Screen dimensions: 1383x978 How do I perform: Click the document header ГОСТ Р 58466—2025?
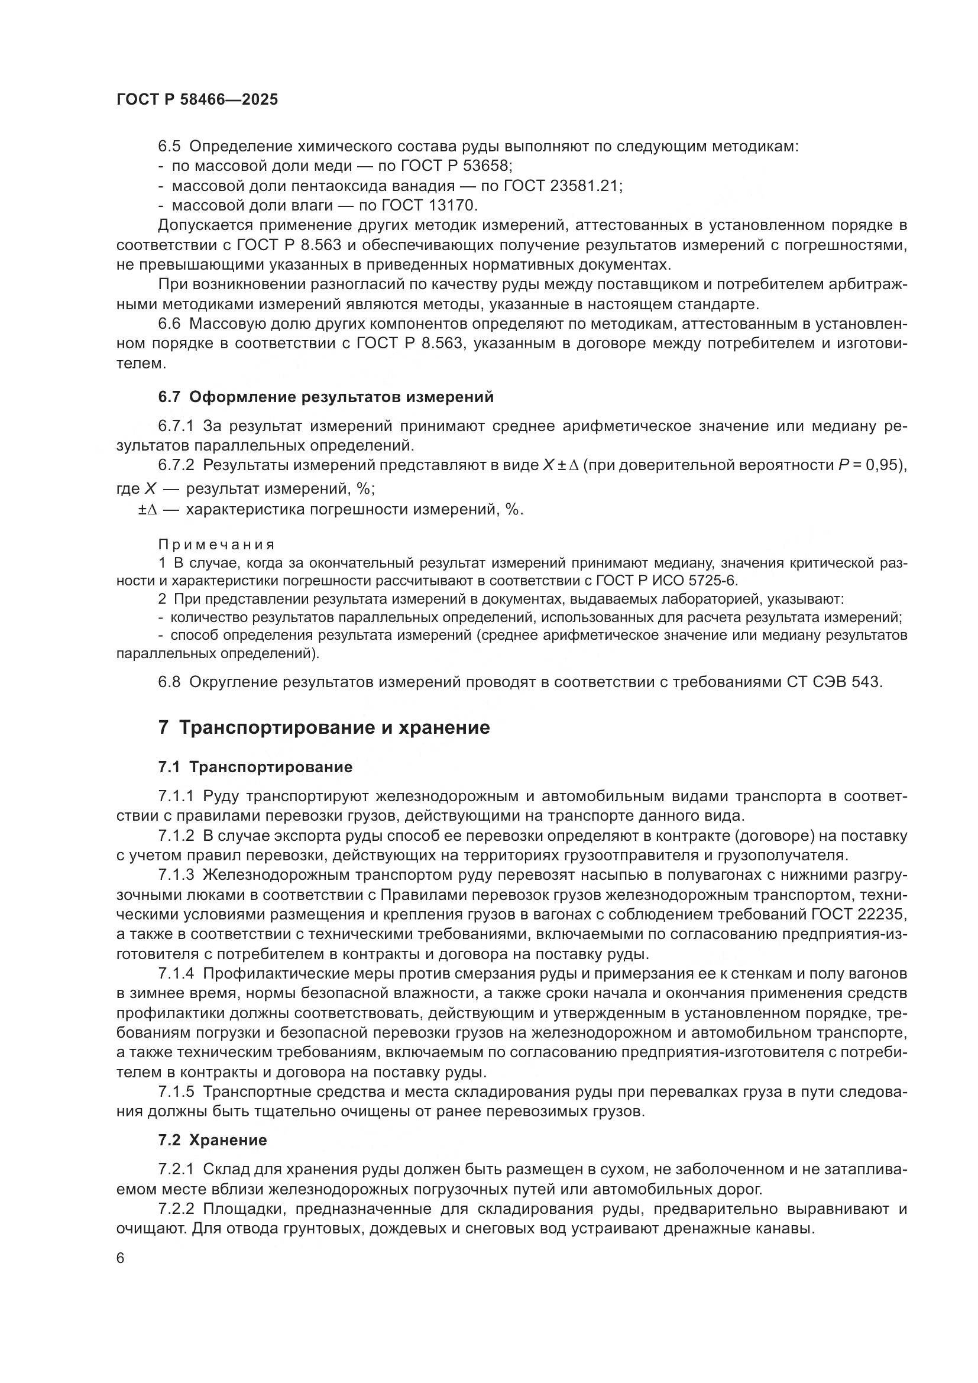[197, 100]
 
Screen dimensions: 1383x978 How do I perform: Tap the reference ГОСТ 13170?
[429, 206]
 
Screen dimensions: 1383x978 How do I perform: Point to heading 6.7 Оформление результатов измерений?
[326, 397]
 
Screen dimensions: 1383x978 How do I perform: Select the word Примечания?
[216, 545]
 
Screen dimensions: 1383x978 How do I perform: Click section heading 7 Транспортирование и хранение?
[324, 728]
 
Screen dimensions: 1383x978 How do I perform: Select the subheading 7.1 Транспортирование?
[255, 767]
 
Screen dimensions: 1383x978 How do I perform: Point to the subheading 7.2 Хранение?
[213, 1140]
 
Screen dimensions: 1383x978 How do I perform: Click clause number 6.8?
[169, 682]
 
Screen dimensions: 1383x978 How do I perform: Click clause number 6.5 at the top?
[169, 147]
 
